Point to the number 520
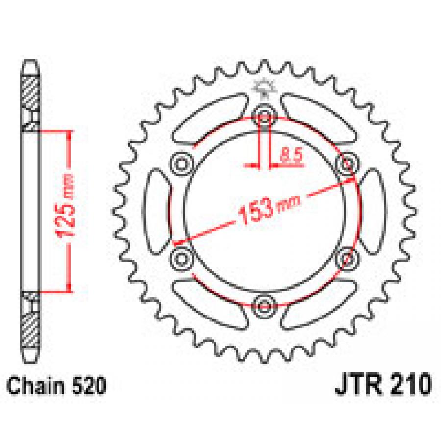tap(89, 386)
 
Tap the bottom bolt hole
tap(264, 306)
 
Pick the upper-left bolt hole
tap(182, 164)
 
